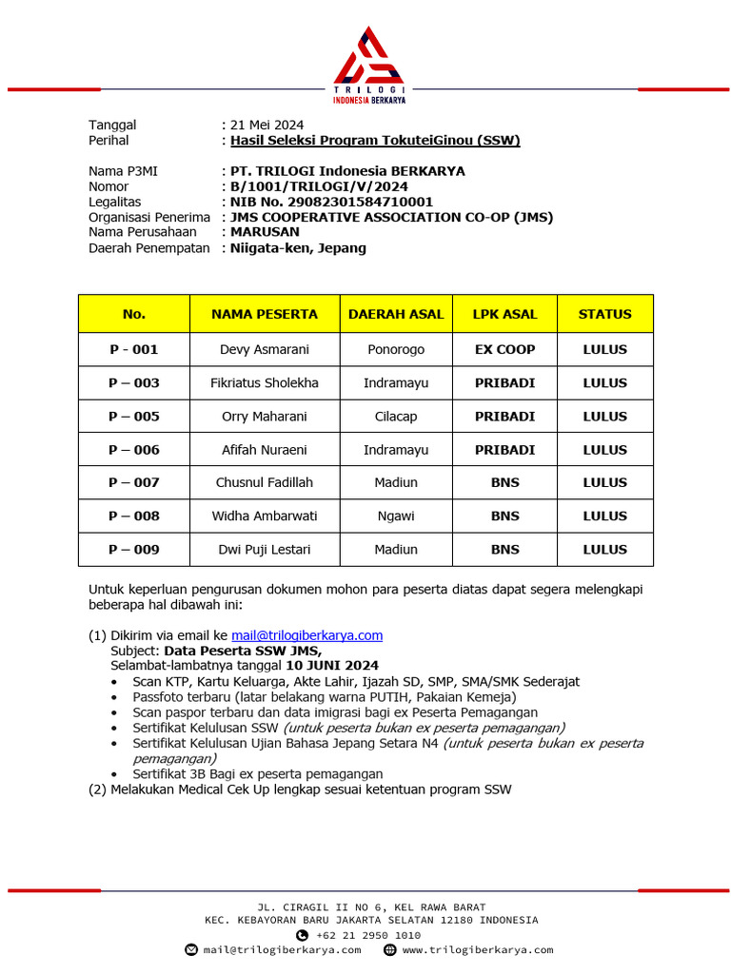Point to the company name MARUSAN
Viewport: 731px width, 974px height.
265,232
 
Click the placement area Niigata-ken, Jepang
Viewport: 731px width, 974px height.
298,248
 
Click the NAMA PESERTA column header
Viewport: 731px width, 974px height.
265,314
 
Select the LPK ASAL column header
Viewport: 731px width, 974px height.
504,314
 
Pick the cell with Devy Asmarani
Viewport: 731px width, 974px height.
265,349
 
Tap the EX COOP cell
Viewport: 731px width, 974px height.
504,349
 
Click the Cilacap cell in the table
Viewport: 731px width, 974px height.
396,417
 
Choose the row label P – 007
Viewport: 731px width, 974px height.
134,482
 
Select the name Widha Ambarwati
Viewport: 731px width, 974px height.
265,516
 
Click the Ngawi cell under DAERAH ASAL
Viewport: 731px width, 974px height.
396,516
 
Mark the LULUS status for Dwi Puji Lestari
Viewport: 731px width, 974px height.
604,550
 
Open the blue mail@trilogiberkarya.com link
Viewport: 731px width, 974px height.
306,635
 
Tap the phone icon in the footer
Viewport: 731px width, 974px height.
303,935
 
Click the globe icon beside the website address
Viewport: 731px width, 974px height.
389,950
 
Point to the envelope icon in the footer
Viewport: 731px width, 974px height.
190,950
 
